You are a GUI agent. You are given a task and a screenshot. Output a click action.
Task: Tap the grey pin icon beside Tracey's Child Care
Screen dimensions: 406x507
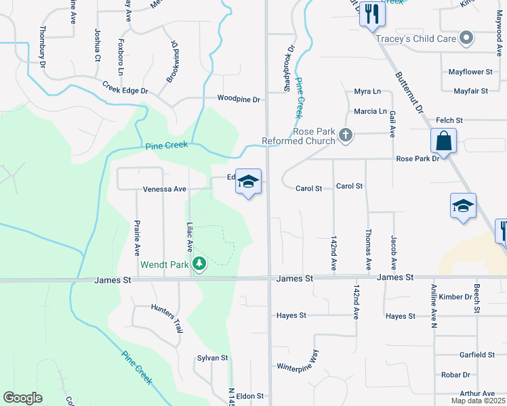point(466,39)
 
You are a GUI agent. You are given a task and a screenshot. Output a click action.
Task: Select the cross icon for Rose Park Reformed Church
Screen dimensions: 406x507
point(346,135)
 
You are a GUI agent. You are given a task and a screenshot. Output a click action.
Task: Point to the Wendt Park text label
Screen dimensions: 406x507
point(165,265)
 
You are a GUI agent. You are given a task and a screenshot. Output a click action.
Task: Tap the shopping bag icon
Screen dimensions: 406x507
point(443,142)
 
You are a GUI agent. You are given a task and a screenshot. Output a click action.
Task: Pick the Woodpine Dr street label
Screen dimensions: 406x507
point(239,99)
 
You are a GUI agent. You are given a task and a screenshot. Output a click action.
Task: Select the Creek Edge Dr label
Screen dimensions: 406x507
point(125,88)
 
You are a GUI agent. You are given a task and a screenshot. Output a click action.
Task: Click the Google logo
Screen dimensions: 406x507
point(22,398)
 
